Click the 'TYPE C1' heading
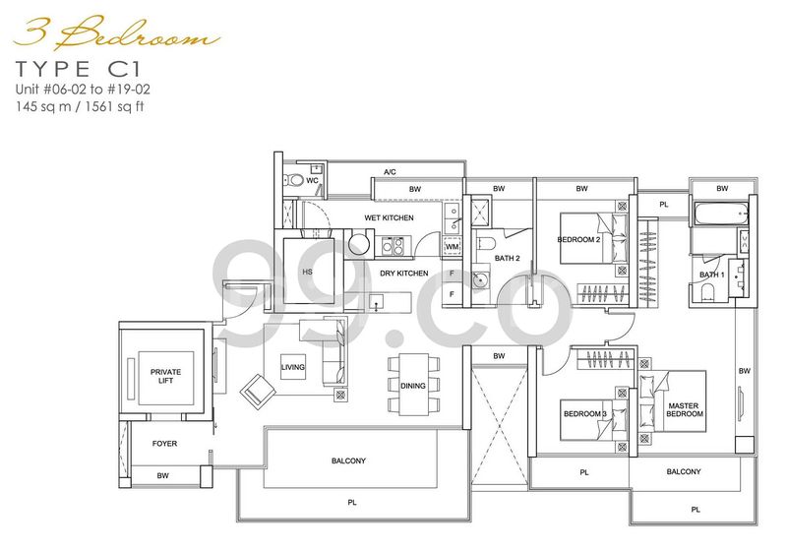tap(79, 69)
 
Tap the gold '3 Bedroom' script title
tap(117, 34)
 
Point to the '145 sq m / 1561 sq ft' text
tap(80, 106)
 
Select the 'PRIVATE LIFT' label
tap(165, 376)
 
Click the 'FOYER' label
tap(164, 444)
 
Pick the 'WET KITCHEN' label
tap(389, 217)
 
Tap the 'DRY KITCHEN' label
tap(404, 273)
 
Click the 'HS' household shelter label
tap(307, 272)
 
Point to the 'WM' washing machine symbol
tap(453, 247)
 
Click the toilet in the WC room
tap(291, 180)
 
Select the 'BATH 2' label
tap(508, 258)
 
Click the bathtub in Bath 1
tap(720, 214)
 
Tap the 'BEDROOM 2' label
tap(578, 239)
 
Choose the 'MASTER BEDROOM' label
tap(684, 409)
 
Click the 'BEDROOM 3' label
tap(585, 414)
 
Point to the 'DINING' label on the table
tap(413, 386)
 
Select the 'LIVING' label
tap(292, 367)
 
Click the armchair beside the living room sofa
tap(258, 391)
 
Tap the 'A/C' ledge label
tap(390, 172)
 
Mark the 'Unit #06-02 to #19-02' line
tap(83, 90)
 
